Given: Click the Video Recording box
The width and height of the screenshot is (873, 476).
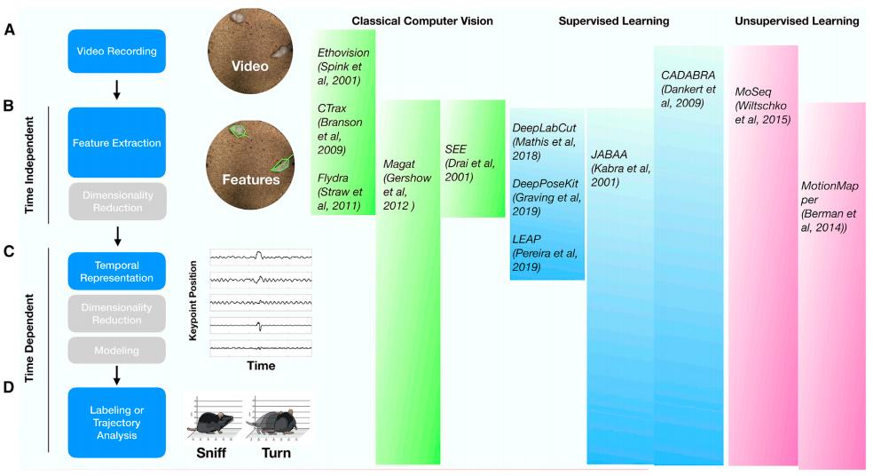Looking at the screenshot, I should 117,52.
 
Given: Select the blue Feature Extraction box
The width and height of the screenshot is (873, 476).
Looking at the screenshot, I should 117,142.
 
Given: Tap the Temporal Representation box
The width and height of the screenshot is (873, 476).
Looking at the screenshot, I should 117,272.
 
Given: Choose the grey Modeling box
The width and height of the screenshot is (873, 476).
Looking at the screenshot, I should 117,350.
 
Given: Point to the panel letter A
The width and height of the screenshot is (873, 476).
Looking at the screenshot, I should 9,30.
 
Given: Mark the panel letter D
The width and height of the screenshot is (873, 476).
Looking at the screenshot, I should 9,387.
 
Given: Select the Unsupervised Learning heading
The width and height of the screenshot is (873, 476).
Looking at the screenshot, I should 797,20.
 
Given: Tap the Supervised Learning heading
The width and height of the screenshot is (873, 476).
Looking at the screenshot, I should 614,20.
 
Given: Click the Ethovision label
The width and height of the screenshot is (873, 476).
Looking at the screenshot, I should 342,52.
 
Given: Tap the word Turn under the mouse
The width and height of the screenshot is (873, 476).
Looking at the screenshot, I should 275,452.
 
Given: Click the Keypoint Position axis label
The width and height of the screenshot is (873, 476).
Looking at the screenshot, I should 193,301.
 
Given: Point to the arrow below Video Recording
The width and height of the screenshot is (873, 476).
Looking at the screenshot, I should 117,89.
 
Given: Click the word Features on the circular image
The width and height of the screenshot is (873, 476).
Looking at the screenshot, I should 250,178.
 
